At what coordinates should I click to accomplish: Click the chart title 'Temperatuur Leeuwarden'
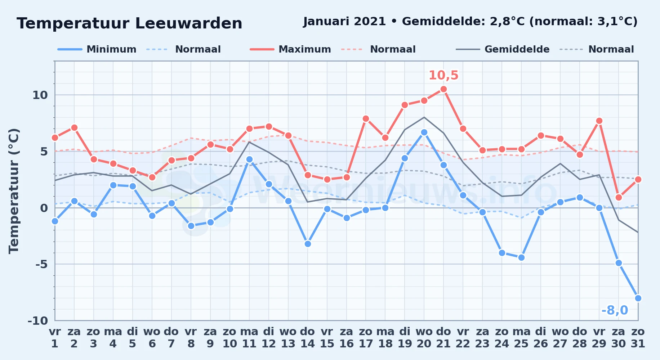pos(129,23)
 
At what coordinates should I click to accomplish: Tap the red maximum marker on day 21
pos(443,89)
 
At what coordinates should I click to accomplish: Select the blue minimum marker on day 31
pos(638,298)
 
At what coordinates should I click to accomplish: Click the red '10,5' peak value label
pos(443,75)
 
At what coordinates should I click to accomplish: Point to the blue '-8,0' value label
pos(615,310)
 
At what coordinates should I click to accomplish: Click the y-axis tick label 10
pos(40,95)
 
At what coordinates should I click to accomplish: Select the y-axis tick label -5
pos(41,264)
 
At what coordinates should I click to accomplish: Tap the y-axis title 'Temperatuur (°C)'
pos(14,191)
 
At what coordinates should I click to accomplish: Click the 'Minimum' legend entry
pos(97,49)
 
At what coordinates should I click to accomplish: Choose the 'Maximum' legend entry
pos(290,49)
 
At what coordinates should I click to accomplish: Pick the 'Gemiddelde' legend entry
pos(503,49)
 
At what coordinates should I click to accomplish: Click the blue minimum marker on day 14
pos(308,244)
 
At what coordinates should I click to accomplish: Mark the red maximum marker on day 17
pos(366,118)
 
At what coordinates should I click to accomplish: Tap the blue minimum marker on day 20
pos(424,132)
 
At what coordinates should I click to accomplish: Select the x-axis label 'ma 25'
pos(521,337)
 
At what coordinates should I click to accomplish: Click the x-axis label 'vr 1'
pos(55,337)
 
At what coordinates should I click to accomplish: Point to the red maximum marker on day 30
pos(619,197)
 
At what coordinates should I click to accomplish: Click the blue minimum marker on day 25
pos(521,257)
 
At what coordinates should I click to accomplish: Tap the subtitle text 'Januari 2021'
pos(344,21)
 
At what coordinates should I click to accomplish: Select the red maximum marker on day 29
pos(599,121)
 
